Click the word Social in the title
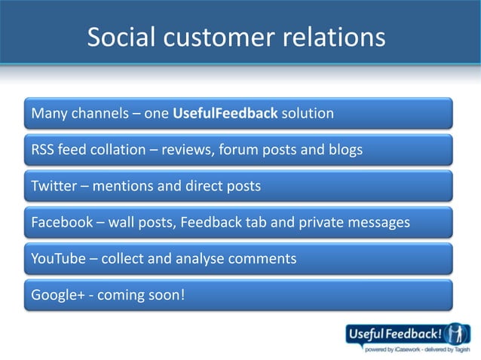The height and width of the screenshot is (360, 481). point(121,37)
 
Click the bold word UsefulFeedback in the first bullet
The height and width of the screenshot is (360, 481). point(225,114)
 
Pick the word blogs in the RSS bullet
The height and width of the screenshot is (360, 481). point(345,150)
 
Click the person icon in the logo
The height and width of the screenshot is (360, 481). point(456,333)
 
